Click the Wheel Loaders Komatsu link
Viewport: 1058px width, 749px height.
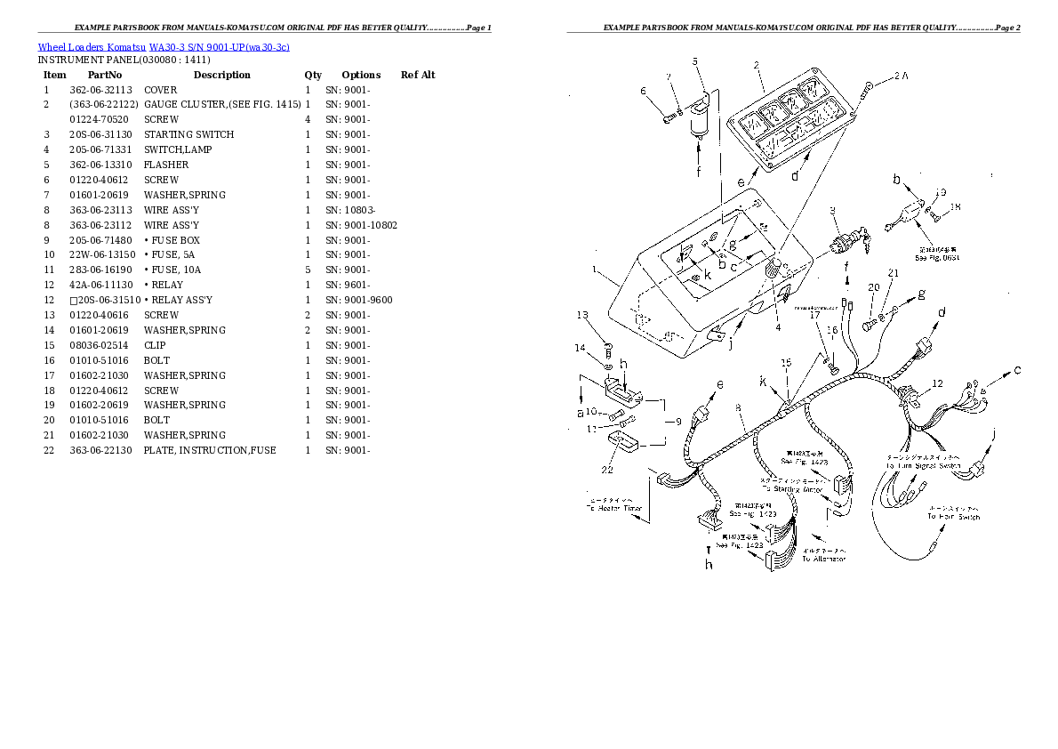(x=92, y=46)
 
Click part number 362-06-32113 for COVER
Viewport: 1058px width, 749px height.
(x=100, y=90)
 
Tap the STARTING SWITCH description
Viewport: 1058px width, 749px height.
(x=188, y=134)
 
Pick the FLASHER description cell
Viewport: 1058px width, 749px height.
(x=166, y=165)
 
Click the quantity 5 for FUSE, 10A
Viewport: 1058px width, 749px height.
(x=307, y=270)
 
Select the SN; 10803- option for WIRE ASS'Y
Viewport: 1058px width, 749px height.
(x=350, y=210)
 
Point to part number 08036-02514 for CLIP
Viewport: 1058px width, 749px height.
(x=98, y=345)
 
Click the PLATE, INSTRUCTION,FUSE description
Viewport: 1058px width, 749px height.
(x=210, y=450)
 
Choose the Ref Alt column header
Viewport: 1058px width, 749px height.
(x=418, y=76)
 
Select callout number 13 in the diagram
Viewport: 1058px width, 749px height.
(x=582, y=315)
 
